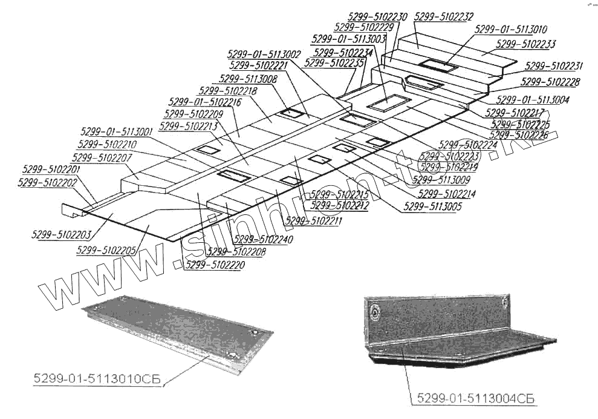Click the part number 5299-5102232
coord(444,18)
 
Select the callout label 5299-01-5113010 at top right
coord(511,29)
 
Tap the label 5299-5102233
coord(525,44)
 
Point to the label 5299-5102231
coord(553,66)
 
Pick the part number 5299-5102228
coord(550,82)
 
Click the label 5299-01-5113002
coord(264,54)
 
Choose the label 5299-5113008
coord(249,79)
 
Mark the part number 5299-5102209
coord(193,113)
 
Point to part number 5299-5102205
coord(106,249)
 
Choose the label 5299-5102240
coord(263,239)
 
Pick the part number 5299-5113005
coord(432,207)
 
